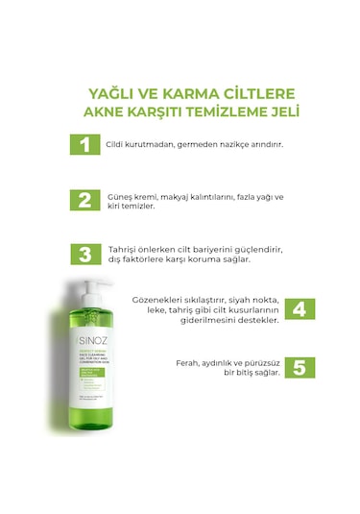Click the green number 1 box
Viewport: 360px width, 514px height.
(x=84, y=146)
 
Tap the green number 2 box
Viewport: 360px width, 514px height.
(x=84, y=200)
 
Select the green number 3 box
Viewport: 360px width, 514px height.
(x=84, y=254)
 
